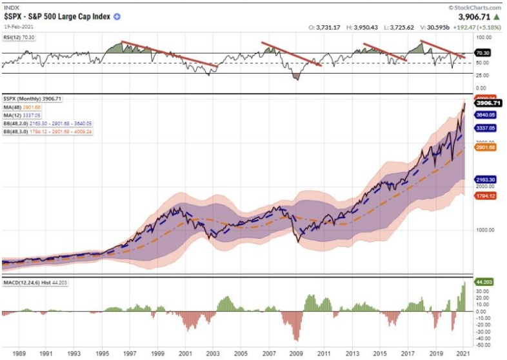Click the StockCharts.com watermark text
pyautogui.click(x=476, y=6)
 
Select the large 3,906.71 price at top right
pyautogui.click(x=477, y=18)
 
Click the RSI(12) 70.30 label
pyautogui.click(x=19, y=38)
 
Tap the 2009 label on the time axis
pyautogui.click(x=295, y=354)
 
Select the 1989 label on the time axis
pyautogui.click(x=19, y=354)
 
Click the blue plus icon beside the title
pyautogui.click(x=117, y=17)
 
